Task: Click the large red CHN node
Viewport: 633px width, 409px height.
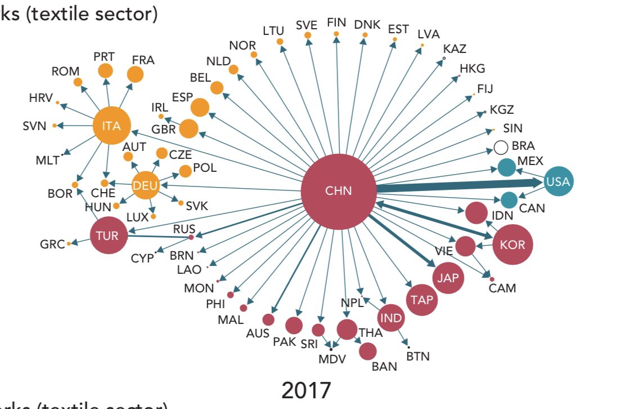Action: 338,191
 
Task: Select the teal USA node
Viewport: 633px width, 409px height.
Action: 558,181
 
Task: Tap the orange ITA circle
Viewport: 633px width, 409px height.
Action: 111,126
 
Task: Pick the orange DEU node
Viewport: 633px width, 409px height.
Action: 145,185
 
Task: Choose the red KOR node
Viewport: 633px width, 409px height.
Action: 512,245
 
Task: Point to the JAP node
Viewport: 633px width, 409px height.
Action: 448,278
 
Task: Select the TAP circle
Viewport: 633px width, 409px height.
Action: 422,300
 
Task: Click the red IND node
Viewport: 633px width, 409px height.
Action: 390,318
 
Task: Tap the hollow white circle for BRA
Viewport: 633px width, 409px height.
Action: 501,148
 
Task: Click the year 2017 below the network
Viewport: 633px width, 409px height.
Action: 306,390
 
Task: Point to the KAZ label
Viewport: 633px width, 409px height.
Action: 455,49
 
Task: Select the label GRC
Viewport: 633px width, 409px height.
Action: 52,244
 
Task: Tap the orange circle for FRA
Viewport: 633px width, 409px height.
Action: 135,74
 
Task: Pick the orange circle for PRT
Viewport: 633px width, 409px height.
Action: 105,71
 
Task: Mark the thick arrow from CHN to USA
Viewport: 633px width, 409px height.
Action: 456,185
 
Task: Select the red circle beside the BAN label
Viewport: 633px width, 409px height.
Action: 367,351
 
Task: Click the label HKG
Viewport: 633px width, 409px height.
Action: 472,69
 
